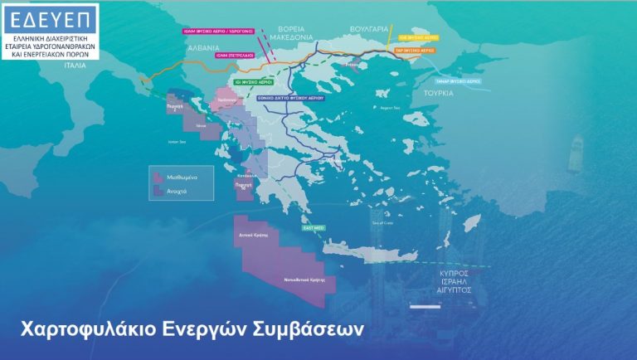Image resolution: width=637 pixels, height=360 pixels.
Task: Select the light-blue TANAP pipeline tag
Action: pyautogui.click(x=458, y=81)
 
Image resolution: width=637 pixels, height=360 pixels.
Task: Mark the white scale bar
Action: pyautogui.click(x=424, y=308)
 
